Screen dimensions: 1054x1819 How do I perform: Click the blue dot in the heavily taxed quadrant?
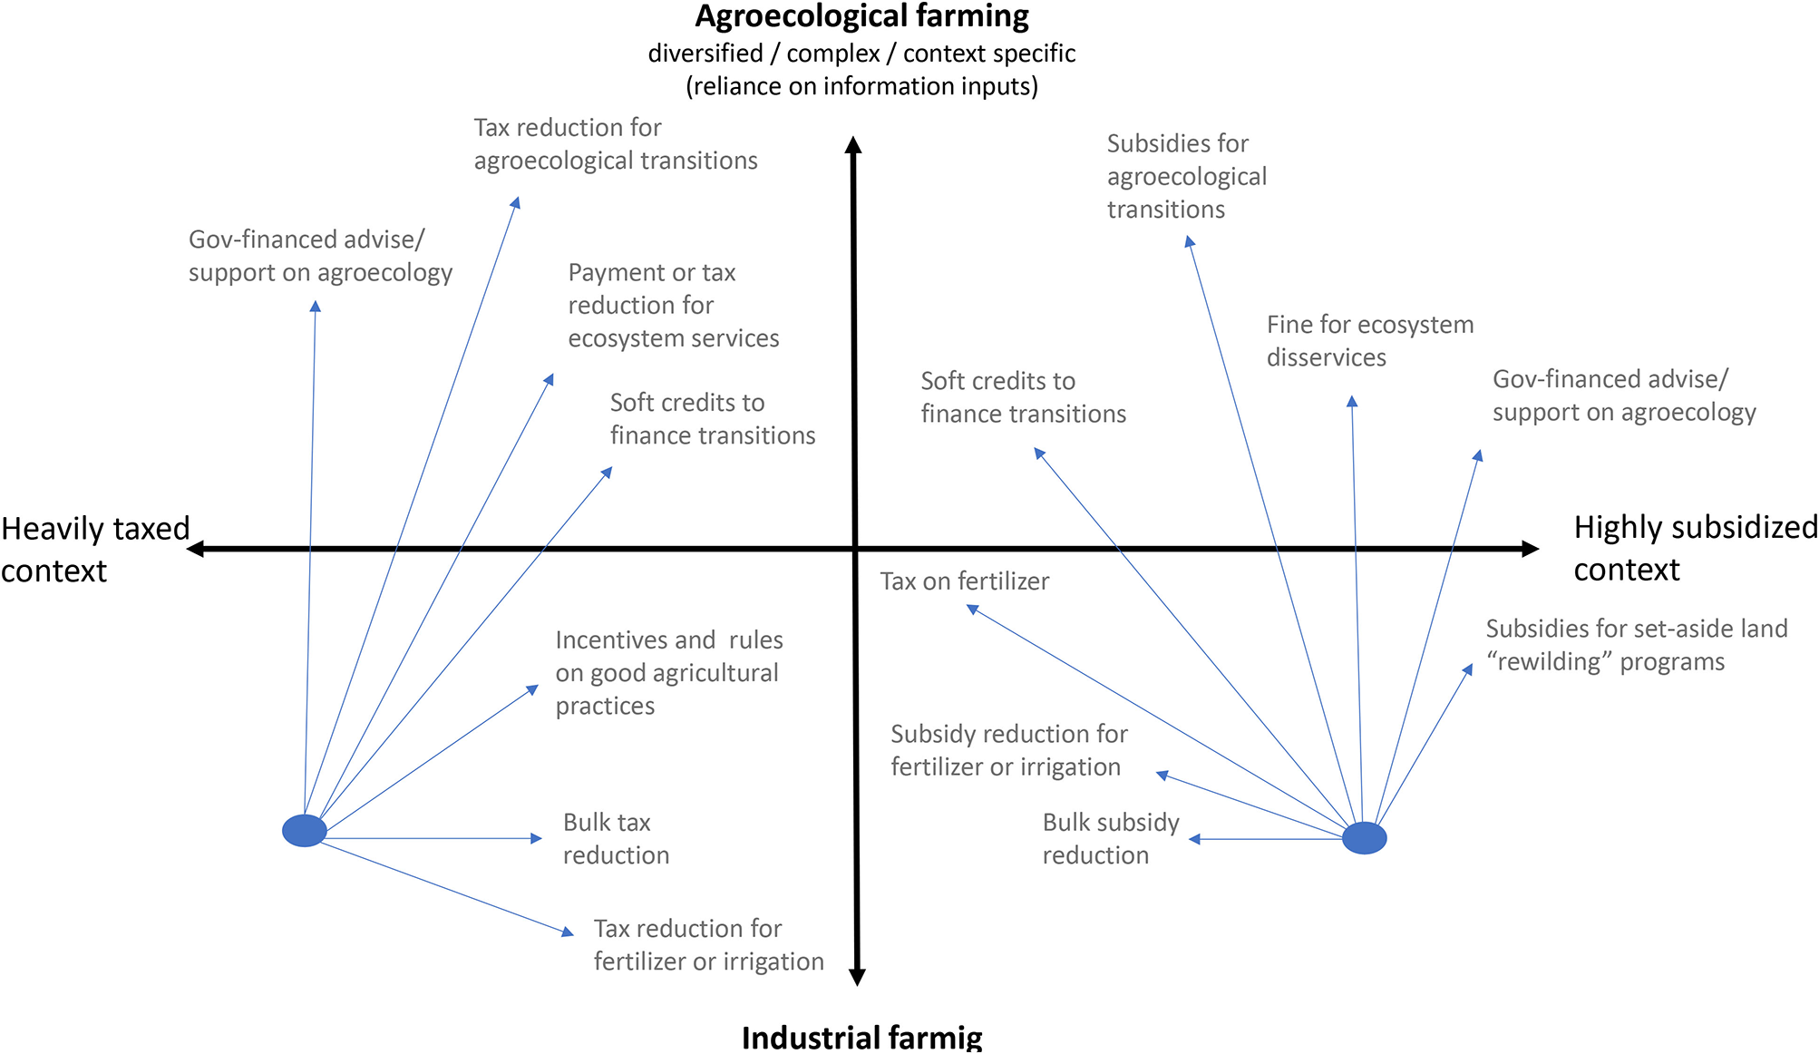305,830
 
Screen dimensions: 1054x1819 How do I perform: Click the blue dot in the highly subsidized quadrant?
1364,838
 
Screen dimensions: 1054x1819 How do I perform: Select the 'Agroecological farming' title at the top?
861,16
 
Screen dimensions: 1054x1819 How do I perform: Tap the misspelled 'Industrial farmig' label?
861,1037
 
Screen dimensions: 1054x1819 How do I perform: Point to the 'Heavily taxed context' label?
94,549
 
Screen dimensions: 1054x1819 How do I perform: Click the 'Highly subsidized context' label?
1694,548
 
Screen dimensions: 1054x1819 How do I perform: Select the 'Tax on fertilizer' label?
964,581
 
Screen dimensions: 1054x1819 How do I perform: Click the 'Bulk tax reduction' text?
616,839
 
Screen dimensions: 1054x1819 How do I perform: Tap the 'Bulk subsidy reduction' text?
1110,839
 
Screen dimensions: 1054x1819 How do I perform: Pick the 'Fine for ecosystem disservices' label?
1369,341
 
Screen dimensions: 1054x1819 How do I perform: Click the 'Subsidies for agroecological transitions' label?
1186,177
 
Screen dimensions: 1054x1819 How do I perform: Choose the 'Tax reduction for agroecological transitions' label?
615,144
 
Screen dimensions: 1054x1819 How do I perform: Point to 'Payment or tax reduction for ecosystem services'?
673,306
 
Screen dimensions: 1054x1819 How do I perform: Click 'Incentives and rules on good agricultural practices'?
668,673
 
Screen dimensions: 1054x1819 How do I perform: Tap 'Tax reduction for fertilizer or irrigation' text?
708,945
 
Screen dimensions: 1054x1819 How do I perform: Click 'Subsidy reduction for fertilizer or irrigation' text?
1008,750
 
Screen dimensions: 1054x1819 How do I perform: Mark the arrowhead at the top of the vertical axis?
853,145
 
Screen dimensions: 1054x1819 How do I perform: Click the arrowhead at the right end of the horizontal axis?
1530,549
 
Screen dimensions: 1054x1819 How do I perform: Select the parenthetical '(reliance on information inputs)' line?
861,86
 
